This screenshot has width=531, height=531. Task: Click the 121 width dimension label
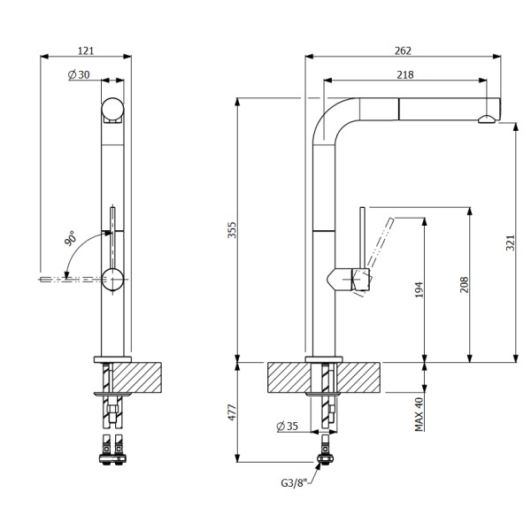(87, 50)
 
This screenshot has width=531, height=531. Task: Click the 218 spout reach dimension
(405, 75)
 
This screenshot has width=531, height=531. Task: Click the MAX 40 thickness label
(420, 412)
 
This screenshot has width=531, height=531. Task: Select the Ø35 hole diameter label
(289, 427)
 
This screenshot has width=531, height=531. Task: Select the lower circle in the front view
(113, 278)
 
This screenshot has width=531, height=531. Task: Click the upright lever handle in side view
(362, 239)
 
